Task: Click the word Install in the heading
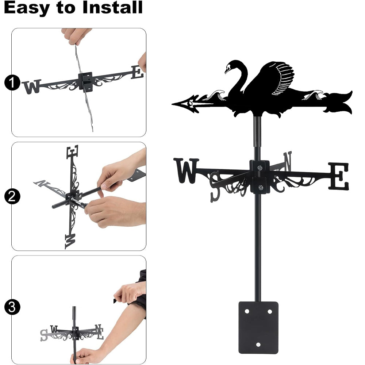(x=112, y=7)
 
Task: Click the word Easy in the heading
(x=27, y=8)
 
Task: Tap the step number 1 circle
(x=12, y=82)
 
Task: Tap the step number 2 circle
(x=12, y=196)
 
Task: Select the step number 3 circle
(x=12, y=307)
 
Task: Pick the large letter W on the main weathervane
(x=186, y=170)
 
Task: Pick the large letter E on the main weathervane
(x=339, y=176)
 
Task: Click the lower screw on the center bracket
(x=261, y=187)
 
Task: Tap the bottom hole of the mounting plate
(x=258, y=345)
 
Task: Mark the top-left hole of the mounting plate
(x=247, y=311)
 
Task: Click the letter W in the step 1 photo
(x=32, y=87)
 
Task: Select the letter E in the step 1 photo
(x=137, y=72)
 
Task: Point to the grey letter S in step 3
(x=44, y=335)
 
